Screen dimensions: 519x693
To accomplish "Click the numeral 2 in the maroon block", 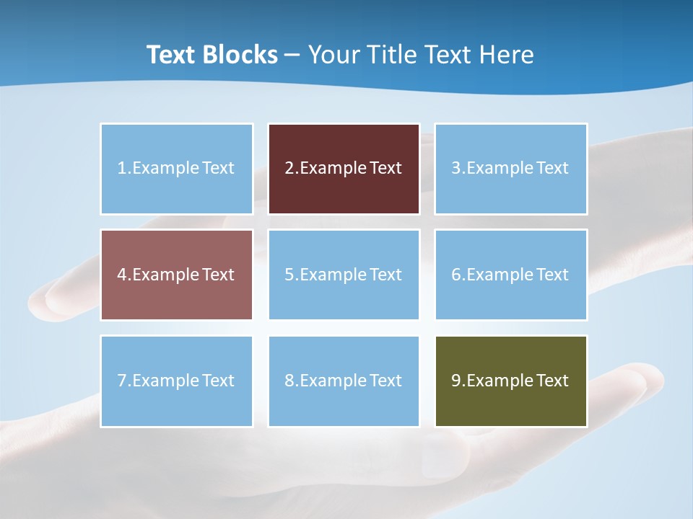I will [x=289, y=168].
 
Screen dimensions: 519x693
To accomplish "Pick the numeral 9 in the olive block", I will [x=456, y=381].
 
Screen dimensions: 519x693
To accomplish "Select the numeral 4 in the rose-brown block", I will [x=122, y=275].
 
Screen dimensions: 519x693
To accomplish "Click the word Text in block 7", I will [x=218, y=381].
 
